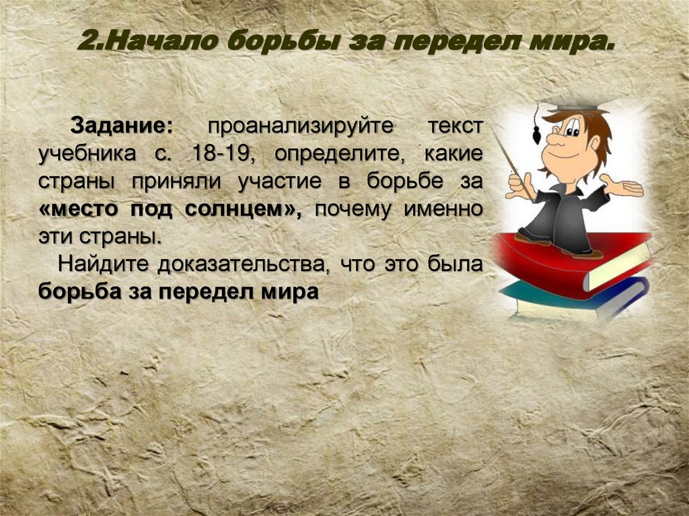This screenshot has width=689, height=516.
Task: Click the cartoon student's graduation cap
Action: (x=579, y=105)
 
